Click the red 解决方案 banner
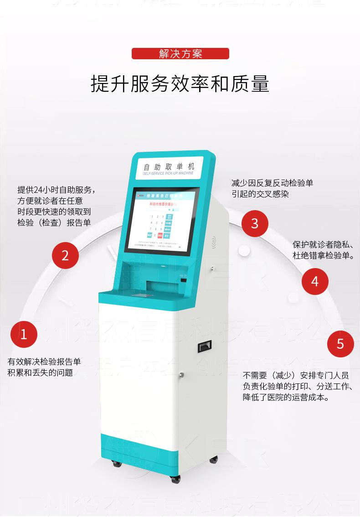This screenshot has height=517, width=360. (180, 54)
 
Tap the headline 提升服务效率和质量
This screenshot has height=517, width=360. (180, 84)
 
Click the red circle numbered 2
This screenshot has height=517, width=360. (65, 255)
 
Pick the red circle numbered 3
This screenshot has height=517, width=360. (255, 223)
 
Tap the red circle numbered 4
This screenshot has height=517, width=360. (315, 281)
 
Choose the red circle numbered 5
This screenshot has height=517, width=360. (340, 343)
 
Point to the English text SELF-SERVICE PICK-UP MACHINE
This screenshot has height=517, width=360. (168, 174)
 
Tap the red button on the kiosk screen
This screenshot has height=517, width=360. (159, 236)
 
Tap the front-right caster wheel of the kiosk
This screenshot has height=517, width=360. (175, 479)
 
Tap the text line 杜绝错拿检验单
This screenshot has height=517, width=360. (324, 255)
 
